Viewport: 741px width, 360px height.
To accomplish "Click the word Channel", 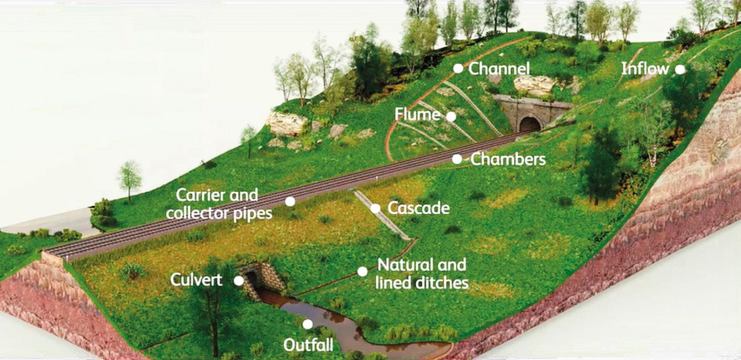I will [x=499, y=68].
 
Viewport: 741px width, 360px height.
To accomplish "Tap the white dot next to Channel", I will [x=458, y=68].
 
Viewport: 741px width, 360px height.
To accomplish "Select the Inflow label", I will [x=645, y=69].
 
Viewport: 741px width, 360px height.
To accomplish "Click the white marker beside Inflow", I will [x=680, y=69].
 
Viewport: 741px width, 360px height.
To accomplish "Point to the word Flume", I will [x=418, y=114].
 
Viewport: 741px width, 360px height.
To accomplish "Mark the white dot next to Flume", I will [x=451, y=116].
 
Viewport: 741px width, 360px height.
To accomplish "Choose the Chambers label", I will [x=508, y=159].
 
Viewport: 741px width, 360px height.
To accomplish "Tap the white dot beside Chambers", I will [x=457, y=159].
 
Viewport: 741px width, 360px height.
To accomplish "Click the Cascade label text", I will [x=418, y=208].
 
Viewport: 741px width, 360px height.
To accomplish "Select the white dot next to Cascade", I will [x=375, y=208].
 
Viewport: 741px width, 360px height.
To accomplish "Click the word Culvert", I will [x=196, y=280].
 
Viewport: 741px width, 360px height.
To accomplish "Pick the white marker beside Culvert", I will [x=238, y=280].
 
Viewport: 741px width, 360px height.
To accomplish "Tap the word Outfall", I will [x=308, y=345].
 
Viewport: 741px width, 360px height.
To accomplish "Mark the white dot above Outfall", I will [x=307, y=324].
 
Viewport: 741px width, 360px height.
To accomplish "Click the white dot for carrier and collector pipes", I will [x=290, y=201].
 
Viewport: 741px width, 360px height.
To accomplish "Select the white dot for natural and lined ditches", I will [x=362, y=271].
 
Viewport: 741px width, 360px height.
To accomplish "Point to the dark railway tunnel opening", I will [x=530, y=125].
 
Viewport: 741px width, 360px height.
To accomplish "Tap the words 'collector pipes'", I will [x=219, y=213].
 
